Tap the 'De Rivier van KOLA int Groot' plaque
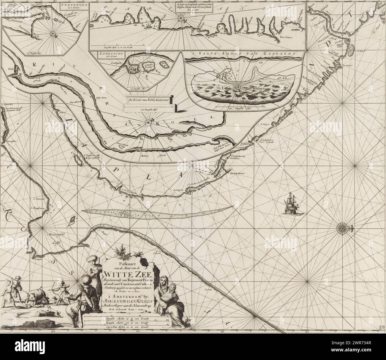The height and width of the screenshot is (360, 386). point(150,99)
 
